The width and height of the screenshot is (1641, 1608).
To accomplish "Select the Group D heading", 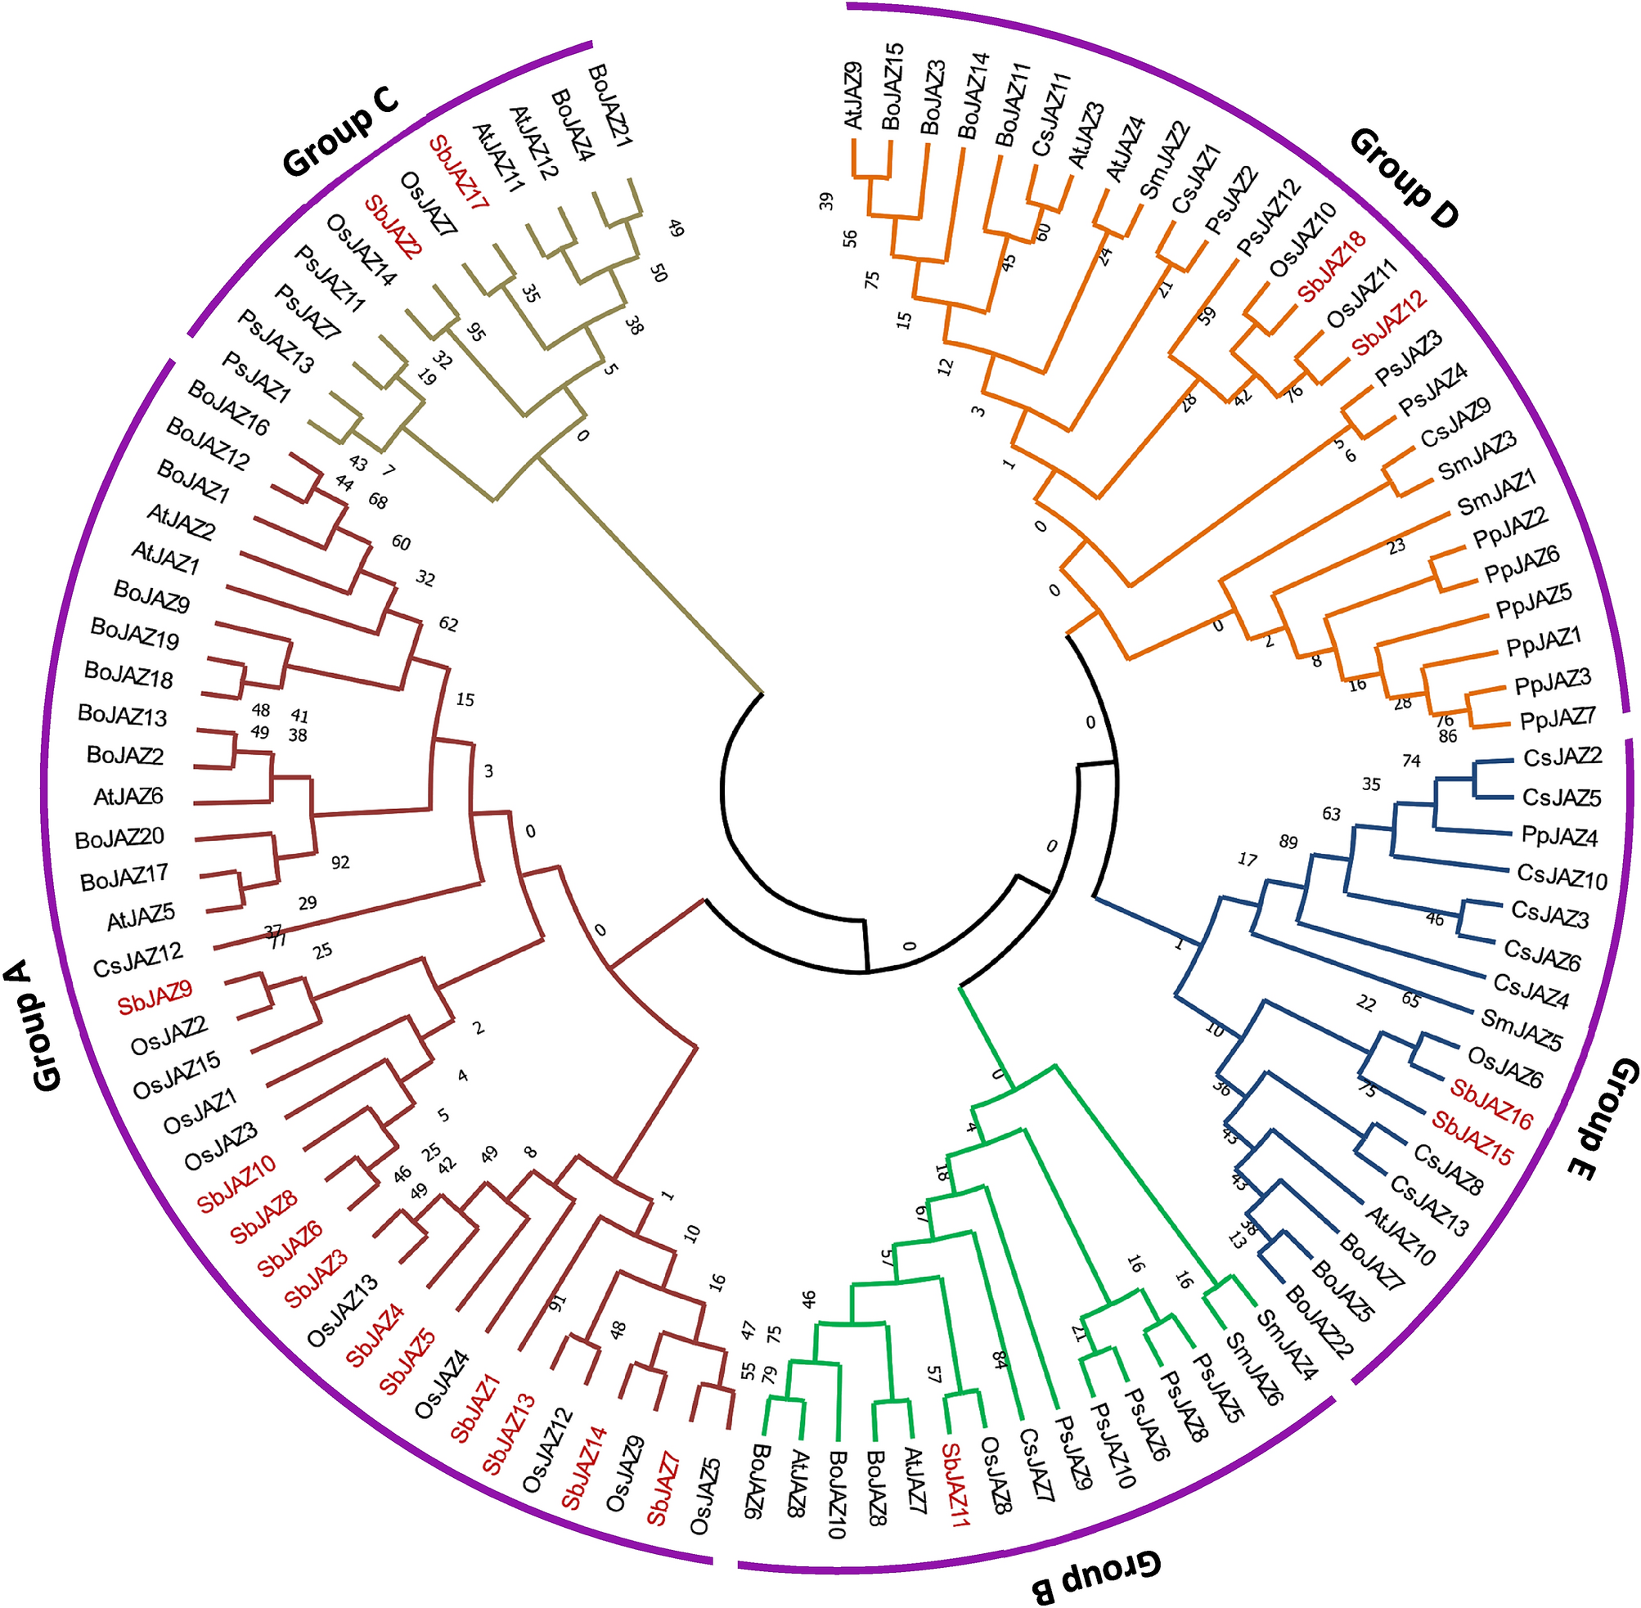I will coord(1403,178).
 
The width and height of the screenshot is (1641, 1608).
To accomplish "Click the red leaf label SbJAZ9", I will coord(155,997).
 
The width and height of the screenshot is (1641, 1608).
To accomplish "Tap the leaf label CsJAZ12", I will coord(137,960).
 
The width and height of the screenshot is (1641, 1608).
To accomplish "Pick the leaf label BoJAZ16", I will coord(228,408).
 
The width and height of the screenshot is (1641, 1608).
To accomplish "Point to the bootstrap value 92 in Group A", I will coord(340,862).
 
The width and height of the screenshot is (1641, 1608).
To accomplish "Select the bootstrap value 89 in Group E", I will coord(1288,842).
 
